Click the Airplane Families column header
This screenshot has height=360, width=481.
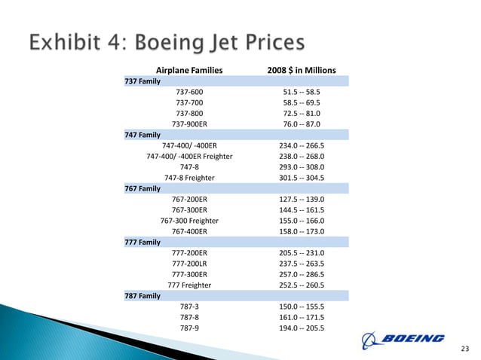(x=188, y=70)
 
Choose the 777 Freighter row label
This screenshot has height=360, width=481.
(x=188, y=285)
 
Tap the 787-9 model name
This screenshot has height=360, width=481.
(x=188, y=328)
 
